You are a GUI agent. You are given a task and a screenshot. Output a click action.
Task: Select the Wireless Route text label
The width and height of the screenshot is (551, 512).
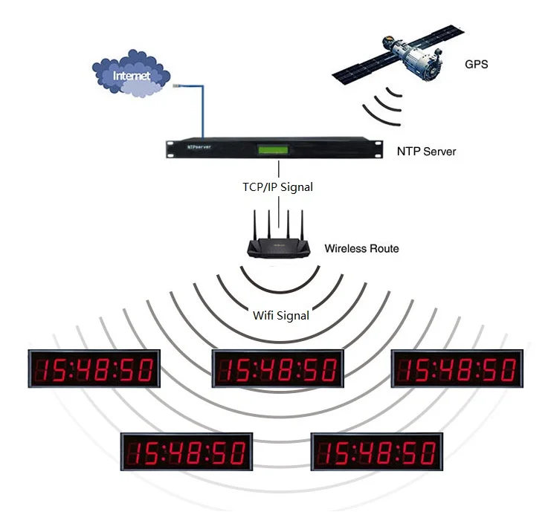[361, 248]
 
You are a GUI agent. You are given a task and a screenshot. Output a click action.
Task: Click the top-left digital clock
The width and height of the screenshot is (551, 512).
[94, 368]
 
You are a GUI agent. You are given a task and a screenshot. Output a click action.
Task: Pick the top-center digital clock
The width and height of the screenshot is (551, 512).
[278, 369]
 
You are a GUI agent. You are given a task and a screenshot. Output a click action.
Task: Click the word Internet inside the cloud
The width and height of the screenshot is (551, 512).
[132, 76]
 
